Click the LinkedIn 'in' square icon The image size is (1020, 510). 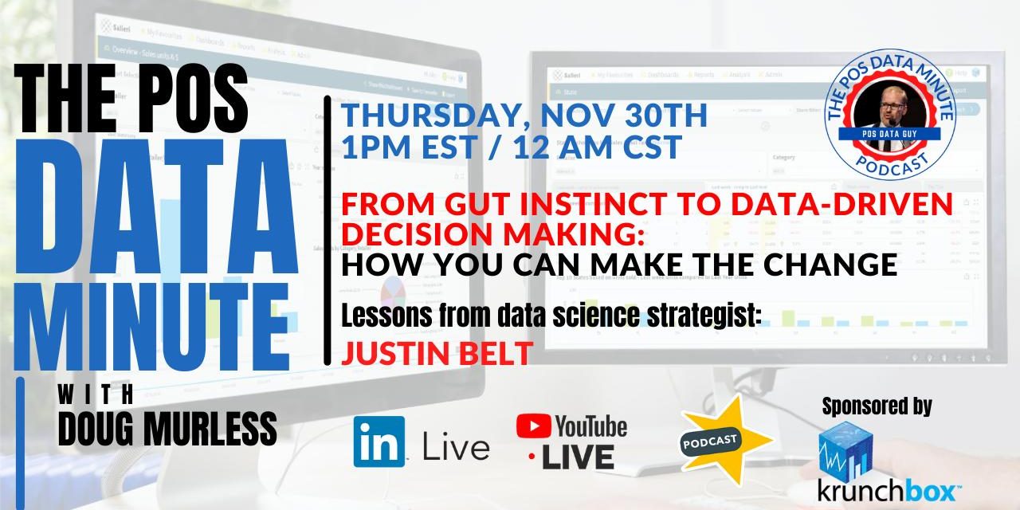[379, 441]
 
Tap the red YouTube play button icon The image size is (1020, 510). [533, 426]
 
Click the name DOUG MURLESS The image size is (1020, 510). [167, 430]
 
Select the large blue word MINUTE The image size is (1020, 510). [151, 320]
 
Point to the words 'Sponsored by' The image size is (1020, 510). [877, 406]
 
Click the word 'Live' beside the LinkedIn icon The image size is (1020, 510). [456, 447]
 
